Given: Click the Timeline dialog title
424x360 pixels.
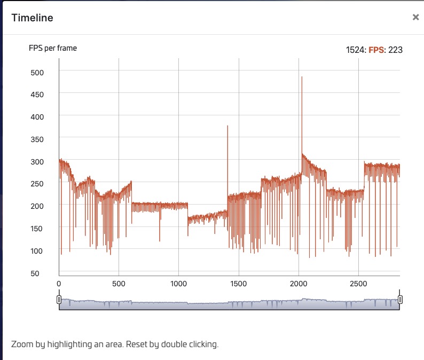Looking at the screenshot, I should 32,18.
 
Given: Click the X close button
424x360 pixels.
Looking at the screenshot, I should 415,17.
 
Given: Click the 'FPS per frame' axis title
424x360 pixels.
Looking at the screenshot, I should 53,48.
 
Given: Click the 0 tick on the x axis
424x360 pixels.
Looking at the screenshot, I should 59,284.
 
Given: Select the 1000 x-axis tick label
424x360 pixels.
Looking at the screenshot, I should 178,284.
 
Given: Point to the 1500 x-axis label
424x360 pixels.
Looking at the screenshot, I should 239,284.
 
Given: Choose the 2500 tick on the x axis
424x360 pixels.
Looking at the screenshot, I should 358,284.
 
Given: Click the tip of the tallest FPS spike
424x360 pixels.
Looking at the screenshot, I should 302,77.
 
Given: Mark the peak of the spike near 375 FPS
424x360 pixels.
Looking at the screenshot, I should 227,126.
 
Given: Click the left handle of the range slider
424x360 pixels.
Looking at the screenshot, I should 59,300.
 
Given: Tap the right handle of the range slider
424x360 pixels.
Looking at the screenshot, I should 400,300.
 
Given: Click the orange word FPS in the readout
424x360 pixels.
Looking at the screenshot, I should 376,50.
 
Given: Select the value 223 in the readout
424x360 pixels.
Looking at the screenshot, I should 395,50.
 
